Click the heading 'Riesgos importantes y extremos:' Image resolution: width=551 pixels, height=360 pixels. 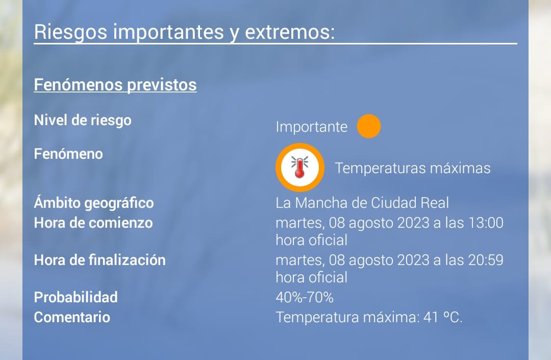pyautogui.click(x=185, y=32)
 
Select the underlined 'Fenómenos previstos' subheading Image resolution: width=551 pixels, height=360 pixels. pyautogui.click(x=115, y=85)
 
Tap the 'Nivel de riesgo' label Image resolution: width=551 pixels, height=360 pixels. pyautogui.click(x=83, y=120)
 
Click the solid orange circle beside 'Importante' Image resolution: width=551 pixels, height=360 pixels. pyautogui.click(x=369, y=126)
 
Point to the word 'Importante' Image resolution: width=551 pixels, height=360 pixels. pyautogui.click(x=311, y=127)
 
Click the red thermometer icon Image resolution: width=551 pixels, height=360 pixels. pyautogui.click(x=300, y=167)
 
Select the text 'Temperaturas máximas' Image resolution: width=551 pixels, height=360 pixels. pyautogui.click(x=413, y=168)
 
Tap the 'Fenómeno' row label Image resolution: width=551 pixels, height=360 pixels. pyautogui.click(x=68, y=154)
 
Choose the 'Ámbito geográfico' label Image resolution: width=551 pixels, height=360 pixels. pyautogui.click(x=94, y=203)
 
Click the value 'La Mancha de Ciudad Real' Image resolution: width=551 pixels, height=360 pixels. pyautogui.click(x=362, y=203)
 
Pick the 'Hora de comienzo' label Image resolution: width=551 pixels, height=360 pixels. pyautogui.click(x=93, y=223)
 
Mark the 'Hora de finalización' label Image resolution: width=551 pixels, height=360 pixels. pyautogui.click(x=100, y=260)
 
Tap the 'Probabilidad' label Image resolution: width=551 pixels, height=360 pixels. pyautogui.click(x=76, y=297)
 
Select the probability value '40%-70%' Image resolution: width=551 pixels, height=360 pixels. pyautogui.click(x=305, y=297)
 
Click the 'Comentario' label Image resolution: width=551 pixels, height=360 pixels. pyautogui.click(x=72, y=317)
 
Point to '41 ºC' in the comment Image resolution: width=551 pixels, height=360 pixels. pyautogui.click(x=442, y=317)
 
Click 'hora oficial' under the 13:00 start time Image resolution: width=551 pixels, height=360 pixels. pyautogui.click(x=312, y=240)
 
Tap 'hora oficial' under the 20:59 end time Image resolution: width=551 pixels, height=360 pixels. pyautogui.click(x=312, y=277)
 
